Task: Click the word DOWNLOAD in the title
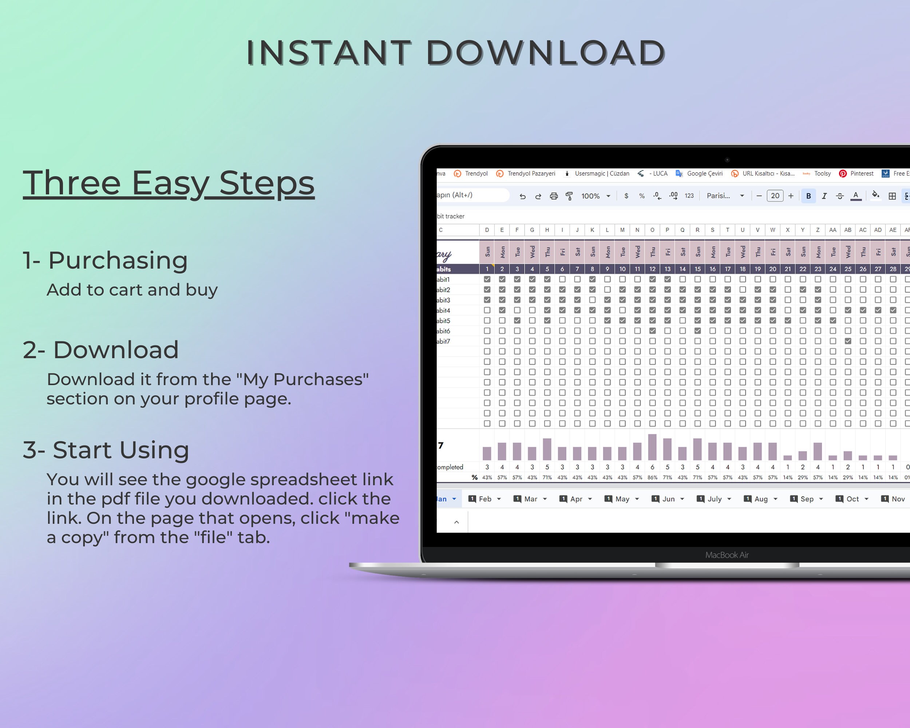coord(545,53)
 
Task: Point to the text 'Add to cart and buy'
coord(132,290)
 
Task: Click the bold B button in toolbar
coord(808,196)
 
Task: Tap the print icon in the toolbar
coord(554,196)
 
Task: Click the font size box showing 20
coord(775,196)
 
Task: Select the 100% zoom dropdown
coord(596,196)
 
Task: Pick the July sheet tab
coord(714,499)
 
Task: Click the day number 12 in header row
coord(652,269)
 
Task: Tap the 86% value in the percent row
coord(652,477)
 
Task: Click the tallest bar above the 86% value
coord(652,447)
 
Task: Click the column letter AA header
coord(832,230)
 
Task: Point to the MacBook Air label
coord(727,555)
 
